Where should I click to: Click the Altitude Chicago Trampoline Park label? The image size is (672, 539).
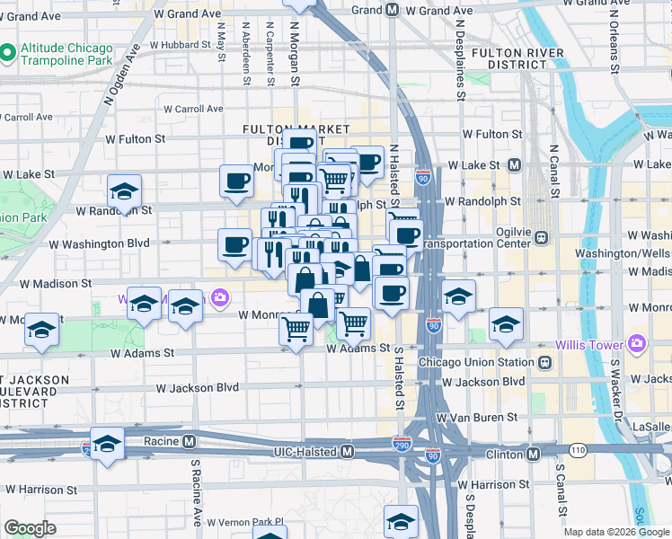[x=68, y=54]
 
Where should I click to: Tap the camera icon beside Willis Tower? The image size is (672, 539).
[x=637, y=342]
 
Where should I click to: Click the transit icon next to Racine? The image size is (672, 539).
[x=189, y=442]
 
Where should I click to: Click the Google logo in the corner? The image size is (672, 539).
[x=30, y=528]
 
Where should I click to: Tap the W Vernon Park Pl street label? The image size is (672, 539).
[x=245, y=521]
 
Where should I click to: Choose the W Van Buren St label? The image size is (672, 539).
[x=476, y=418]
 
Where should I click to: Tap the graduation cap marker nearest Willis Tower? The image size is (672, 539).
[x=507, y=325]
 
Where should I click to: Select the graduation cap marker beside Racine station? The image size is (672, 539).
[x=107, y=446]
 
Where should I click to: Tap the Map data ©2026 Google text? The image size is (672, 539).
[x=615, y=532]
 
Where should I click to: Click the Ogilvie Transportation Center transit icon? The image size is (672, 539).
[x=541, y=238]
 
